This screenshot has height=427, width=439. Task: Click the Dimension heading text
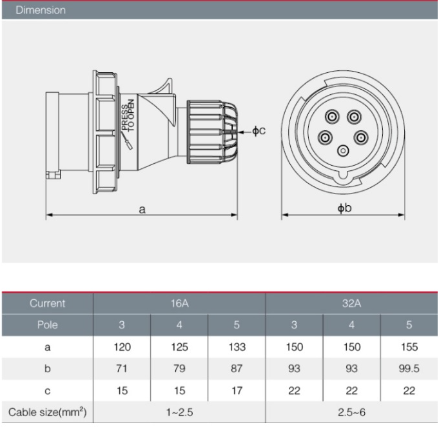pos(41,10)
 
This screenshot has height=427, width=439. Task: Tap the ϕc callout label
pos(259,130)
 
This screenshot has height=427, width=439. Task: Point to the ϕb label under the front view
pos(344,208)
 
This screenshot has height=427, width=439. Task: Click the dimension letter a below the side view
pos(142,210)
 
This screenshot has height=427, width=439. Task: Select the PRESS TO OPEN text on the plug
pos(128,115)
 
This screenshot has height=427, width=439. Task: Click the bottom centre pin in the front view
pos(343,151)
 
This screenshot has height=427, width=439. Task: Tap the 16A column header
pos(179,303)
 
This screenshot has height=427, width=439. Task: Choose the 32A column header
pos(351,303)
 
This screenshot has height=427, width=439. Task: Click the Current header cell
pos(47,303)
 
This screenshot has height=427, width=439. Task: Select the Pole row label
pos(47,325)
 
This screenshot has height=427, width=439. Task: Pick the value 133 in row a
pos(237,347)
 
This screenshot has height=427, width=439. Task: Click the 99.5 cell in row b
pos(409,368)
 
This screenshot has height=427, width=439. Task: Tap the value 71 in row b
pos(122,368)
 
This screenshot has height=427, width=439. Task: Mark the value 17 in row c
pos(237,391)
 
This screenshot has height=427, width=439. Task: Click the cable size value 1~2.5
pos(179,412)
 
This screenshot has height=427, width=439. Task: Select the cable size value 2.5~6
pos(351,412)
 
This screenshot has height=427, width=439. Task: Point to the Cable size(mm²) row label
pos(47,412)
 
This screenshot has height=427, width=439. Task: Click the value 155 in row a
pos(409,347)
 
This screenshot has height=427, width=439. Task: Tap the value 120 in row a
pos(122,347)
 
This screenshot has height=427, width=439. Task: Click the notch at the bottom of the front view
pos(343,176)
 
